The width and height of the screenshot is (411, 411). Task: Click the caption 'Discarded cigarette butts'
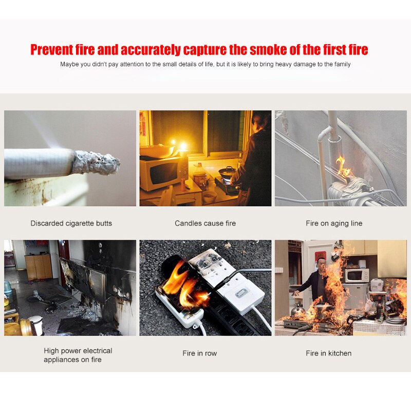(x=71, y=223)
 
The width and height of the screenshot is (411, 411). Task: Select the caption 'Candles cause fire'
(x=205, y=223)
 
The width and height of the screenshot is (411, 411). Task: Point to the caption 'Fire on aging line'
(x=334, y=223)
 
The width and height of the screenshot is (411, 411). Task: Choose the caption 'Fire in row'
(x=200, y=353)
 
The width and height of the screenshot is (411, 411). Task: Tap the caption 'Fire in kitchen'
(x=328, y=353)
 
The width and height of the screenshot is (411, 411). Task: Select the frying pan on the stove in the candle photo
(x=228, y=171)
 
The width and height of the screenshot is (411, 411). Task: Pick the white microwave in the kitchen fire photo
(x=356, y=275)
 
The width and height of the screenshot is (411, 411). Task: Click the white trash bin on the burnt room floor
(x=36, y=324)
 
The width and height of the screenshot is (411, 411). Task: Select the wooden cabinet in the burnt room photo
(x=39, y=266)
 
